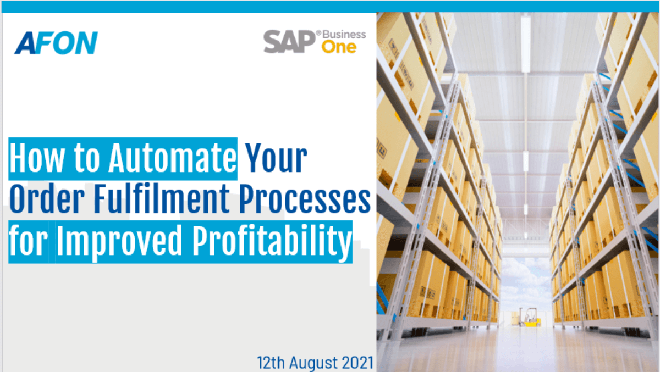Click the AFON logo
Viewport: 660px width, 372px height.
(x=56, y=43)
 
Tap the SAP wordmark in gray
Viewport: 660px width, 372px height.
(x=289, y=42)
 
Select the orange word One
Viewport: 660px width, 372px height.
(x=339, y=47)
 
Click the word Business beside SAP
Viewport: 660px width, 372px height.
(x=344, y=35)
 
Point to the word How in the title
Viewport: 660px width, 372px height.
(x=37, y=158)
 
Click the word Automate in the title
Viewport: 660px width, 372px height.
(x=173, y=158)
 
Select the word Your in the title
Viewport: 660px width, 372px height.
(x=276, y=158)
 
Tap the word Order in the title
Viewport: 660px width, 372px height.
(x=47, y=199)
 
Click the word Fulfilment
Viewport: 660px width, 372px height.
(x=162, y=199)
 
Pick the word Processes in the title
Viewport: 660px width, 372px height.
(x=305, y=199)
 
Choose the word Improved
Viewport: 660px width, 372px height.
(x=119, y=241)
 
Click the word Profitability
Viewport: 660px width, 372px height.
(x=272, y=241)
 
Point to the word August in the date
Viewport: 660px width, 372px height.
(x=313, y=363)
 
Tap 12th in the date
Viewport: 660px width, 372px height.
(x=271, y=363)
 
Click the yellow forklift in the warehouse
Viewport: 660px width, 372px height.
(x=530, y=317)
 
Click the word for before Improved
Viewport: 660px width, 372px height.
(x=28, y=240)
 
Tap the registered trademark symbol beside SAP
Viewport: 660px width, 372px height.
(x=318, y=33)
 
